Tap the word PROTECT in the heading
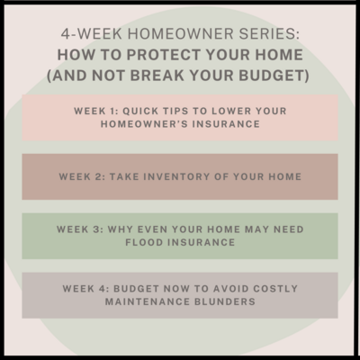pyautogui.click(x=163, y=55)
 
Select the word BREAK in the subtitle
pyautogui.click(x=157, y=76)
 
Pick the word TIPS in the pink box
pyautogui.click(x=175, y=111)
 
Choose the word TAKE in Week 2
pyautogui.click(x=124, y=176)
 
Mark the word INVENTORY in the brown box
pyautogui.click(x=176, y=176)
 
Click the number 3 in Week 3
pyautogui.click(x=96, y=229)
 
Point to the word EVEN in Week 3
pyautogui.click(x=150, y=229)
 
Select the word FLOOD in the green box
pyautogui.click(x=144, y=242)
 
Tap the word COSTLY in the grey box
pyautogui.click(x=275, y=289)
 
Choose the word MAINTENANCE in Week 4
pyautogui.click(x=148, y=301)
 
